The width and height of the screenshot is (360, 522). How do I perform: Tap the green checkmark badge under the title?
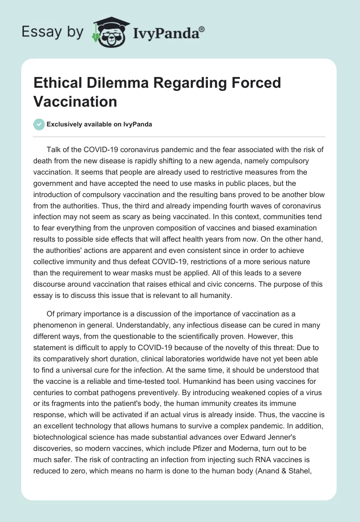click(x=39, y=124)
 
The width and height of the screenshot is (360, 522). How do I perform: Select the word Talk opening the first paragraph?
click(x=54, y=150)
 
